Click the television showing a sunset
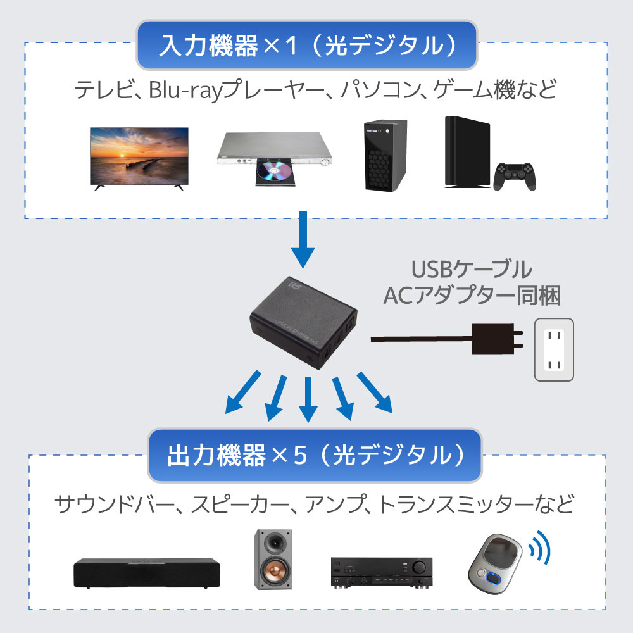coord(139,155)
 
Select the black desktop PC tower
coord(384,155)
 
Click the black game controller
coord(515,176)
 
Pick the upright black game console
coord(467,152)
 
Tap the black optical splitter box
coord(304,323)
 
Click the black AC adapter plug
coord(498,339)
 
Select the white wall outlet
coord(554,349)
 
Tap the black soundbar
coord(146,572)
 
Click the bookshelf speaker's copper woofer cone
coord(275,573)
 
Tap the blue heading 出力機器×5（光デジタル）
coord(315,454)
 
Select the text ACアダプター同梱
coord(472,295)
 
